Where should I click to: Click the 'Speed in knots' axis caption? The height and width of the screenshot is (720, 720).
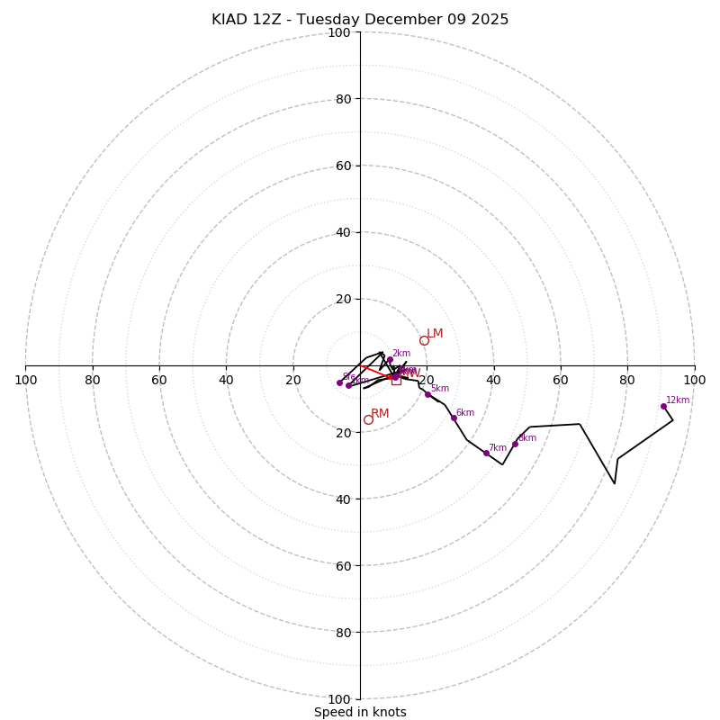click(360, 712)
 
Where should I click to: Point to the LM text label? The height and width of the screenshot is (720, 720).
click(435, 334)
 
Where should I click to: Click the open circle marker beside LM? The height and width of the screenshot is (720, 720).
click(424, 340)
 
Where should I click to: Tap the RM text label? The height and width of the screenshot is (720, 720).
click(380, 414)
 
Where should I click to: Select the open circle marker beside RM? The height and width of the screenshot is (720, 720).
click(368, 419)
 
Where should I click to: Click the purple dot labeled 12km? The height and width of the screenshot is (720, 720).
click(663, 406)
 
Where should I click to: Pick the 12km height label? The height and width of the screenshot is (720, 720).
click(678, 400)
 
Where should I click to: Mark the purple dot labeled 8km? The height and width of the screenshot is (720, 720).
click(515, 444)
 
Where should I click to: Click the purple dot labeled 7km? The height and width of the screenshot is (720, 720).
click(486, 453)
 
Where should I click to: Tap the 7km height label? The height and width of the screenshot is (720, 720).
click(498, 448)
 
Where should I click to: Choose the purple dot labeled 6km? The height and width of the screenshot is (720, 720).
click(454, 418)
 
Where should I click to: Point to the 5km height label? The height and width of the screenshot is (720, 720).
click(440, 389)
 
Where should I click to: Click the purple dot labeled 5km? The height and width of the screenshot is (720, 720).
click(427, 394)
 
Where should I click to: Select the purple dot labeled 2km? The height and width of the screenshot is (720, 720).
click(390, 359)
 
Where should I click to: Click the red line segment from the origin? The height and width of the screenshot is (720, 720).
click(376, 371)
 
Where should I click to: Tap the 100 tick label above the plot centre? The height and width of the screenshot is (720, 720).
click(339, 32)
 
